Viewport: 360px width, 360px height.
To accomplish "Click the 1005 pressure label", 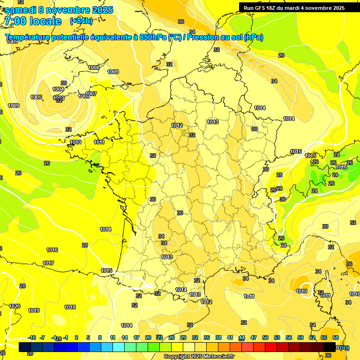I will click(36, 97).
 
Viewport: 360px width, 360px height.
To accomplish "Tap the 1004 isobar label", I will click(58, 89).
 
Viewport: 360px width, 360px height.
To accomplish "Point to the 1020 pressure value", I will click(15, 306).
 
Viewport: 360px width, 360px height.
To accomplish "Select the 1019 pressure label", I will click(34, 310).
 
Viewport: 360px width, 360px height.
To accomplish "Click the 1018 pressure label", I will click(70, 307).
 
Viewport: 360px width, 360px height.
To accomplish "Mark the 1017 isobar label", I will click(48, 263).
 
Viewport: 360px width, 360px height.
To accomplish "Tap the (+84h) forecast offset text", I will click(81, 21).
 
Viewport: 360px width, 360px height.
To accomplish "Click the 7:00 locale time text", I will click(33, 21).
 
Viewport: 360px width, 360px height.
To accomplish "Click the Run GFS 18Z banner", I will click(294, 7).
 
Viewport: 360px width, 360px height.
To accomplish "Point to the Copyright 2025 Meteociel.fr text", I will click(199, 356).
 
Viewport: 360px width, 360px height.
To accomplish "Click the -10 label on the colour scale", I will click(32, 337).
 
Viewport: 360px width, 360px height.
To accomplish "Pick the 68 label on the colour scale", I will click(336, 337).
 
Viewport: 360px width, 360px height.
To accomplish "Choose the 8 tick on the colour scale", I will click(100, 337).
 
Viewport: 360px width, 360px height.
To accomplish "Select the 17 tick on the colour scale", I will click(136, 337).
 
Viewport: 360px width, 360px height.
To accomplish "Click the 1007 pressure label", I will click(91, 94).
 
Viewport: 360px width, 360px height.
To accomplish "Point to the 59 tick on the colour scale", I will click(300, 337).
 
